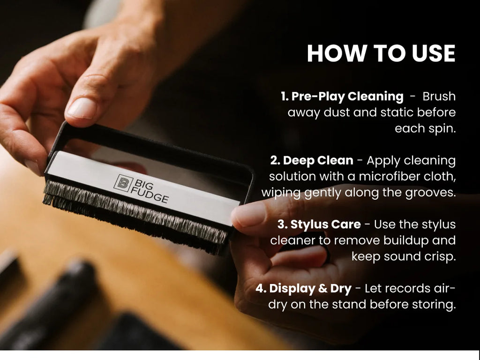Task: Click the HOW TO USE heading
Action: tap(381, 53)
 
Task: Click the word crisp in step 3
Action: tap(440, 257)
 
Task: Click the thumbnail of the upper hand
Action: tap(82, 108)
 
